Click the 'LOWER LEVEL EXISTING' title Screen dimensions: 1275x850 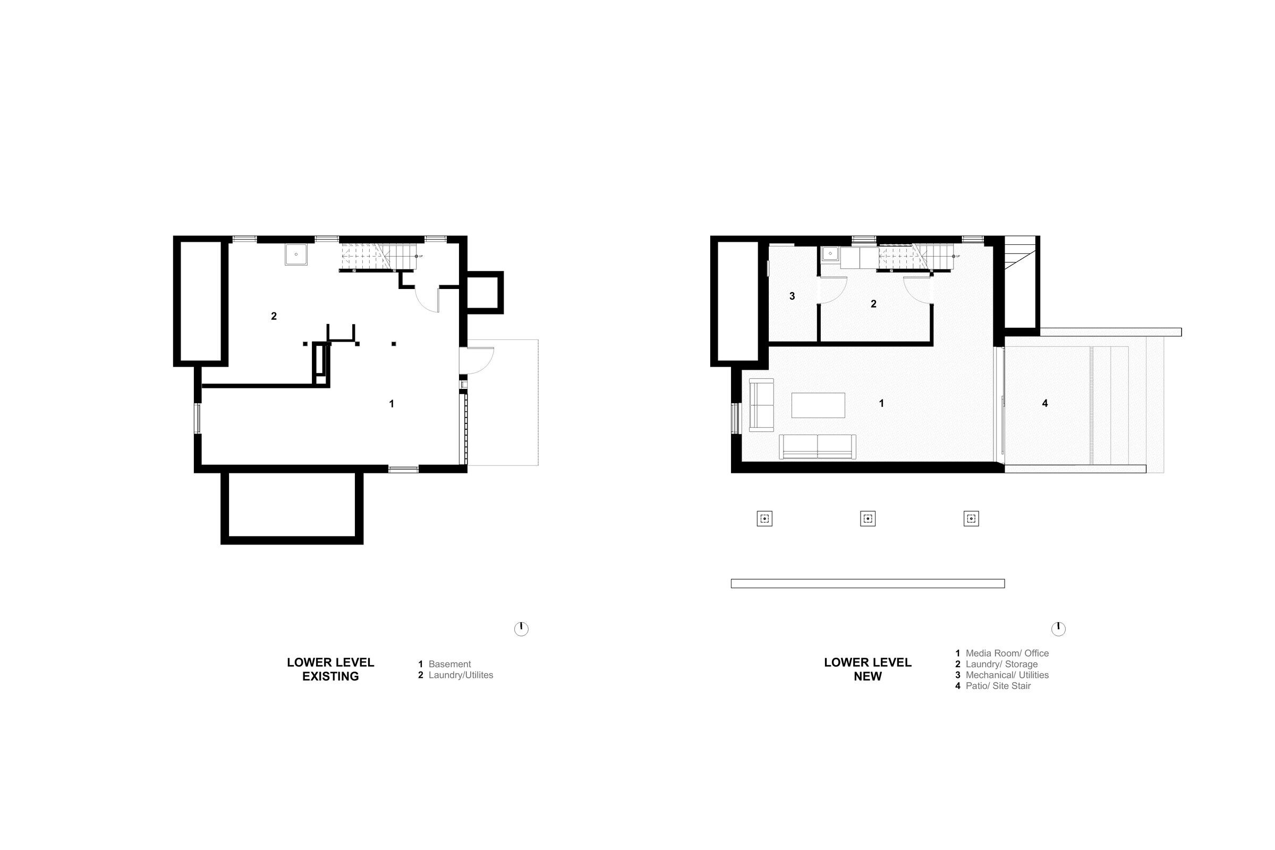pyautogui.click(x=330, y=669)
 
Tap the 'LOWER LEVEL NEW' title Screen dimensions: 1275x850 pyautogui.click(x=868, y=669)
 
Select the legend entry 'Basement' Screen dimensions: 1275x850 pyautogui.click(x=449, y=664)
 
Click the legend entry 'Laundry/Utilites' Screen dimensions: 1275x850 pyautogui.click(x=461, y=675)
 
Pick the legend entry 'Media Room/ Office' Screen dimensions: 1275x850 pyautogui.click(x=1007, y=653)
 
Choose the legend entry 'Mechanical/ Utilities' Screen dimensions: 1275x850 pyautogui.click(x=1007, y=675)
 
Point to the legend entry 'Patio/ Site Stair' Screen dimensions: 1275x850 pyautogui.click(x=998, y=686)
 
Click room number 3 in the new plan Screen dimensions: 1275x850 pyautogui.click(x=792, y=296)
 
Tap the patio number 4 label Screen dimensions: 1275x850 pyautogui.click(x=1044, y=403)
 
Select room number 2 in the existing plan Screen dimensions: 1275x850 pyautogui.click(x=274, y=316)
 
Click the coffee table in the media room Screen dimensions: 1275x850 pyautogui.click(x=818, y=405)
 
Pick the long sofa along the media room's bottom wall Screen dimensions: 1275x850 pyautogui.click(x=818, y=447)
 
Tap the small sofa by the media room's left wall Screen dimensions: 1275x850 pyautogui.click(x=761, y=405)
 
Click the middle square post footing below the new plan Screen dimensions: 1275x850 pyautogui.click(x=868, y=519)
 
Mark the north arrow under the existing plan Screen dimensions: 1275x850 pyautogui.click(x=521, y=628)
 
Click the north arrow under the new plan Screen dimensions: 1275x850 pyautogui.click(x=1058, y=628)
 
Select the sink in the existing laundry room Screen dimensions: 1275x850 pyautogui.click(x=296, y=254)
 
